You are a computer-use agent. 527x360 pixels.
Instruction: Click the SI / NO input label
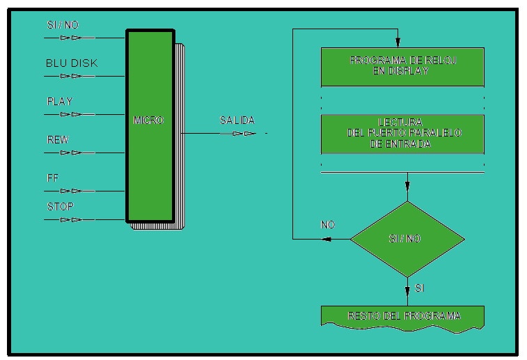(x=63, y=26)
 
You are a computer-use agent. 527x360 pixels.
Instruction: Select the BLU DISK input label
(x=72, y=63)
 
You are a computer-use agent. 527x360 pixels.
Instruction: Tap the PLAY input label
(x=59, y=102)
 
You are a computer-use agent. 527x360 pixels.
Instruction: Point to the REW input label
(x=57, y=140)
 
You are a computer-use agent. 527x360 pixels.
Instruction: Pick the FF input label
(x=52, y=178)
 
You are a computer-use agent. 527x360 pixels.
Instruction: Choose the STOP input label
(x=60, y=207)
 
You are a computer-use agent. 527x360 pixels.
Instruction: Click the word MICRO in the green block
(x=148, y=120)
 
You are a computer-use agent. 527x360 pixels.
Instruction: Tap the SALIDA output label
(x=237, y=120)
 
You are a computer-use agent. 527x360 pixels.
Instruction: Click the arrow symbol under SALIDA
(x=244, y=132)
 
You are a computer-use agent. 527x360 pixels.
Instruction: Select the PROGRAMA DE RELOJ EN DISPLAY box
(x=402, y=65)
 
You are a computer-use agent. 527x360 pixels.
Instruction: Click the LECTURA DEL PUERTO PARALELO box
(x=402, y=134)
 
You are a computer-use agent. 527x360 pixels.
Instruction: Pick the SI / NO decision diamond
(x=407, y=239)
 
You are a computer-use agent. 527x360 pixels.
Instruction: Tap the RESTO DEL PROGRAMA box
(x=402, y=316)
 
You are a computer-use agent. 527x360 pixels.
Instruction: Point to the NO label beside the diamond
(x=328, y=225)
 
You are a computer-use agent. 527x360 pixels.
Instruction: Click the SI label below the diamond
(x=419, y=287)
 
